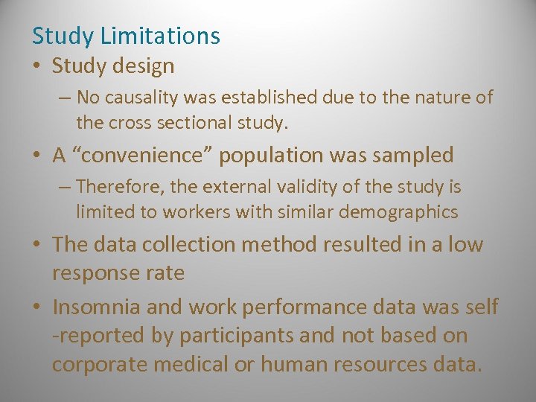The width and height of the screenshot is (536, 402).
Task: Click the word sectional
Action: coord(182,121)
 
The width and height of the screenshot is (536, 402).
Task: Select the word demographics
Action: coord(398,212)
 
